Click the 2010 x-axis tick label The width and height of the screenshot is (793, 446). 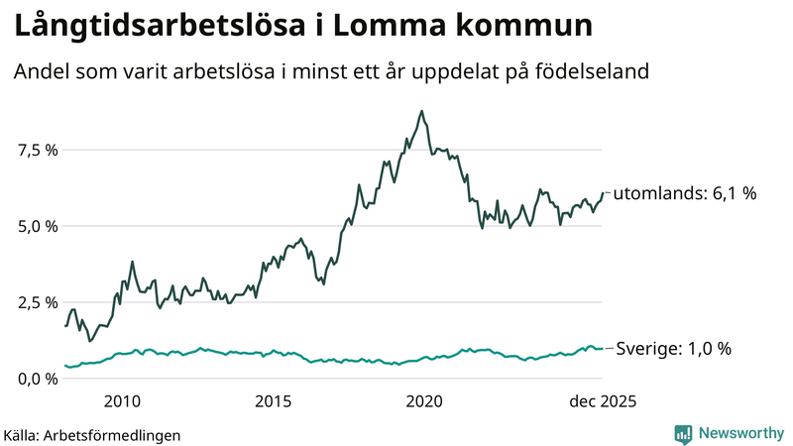pyautogui.click(x=121, y=401)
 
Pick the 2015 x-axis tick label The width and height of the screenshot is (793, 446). pyautogui.click(x=273, y=401)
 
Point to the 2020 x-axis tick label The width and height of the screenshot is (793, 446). pyautogui.click(x=424, y=401)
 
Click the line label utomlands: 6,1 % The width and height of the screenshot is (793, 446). pyautogui.click(x=685, y=194)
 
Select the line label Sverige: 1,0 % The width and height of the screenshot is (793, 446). pyautogui.click(x=674, y=349)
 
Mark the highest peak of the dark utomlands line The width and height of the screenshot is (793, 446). pyautogui.click(x=422, y=111)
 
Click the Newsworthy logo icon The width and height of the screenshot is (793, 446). pyautogui.click(x=683, y=433)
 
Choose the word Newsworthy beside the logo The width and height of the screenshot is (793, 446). pyautogui.click(x=739, y=433)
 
